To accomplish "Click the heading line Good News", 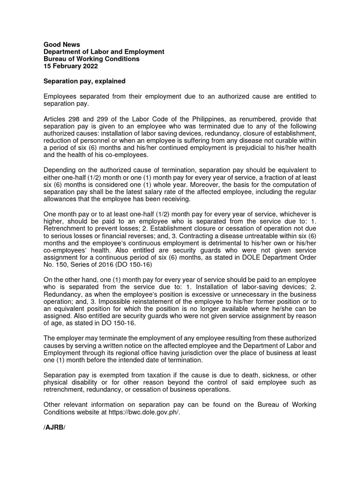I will click(x=61, y=45).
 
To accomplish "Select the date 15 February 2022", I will click(x=70, y=66).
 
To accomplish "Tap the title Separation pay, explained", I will click(x=84, y=81).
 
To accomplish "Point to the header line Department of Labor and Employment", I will click(x=104, y=52).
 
